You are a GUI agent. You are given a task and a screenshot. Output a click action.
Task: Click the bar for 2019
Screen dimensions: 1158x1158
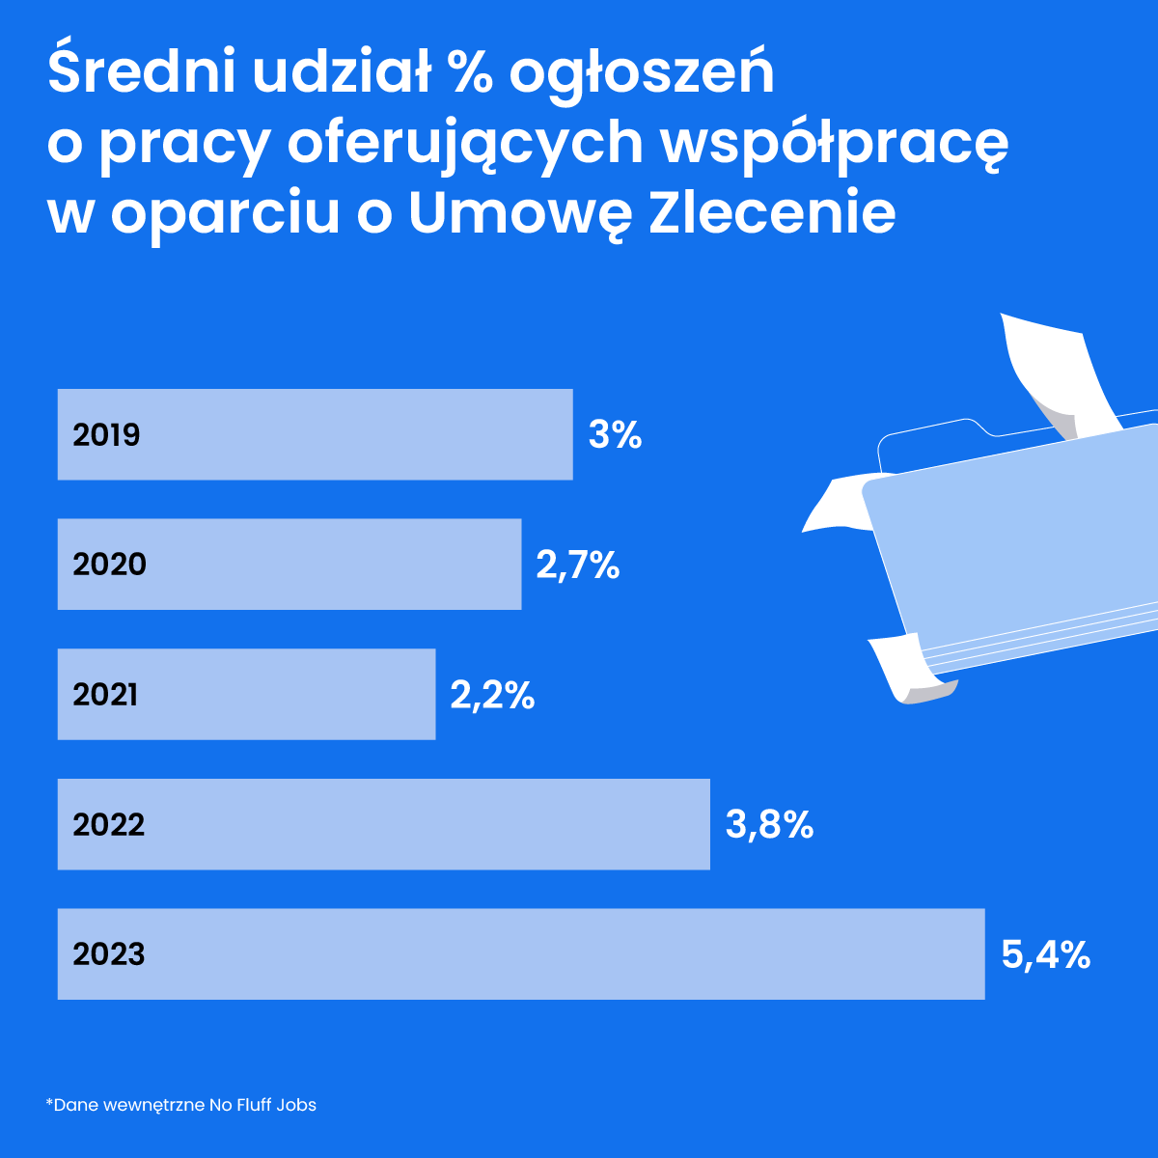click(x=315, y=434)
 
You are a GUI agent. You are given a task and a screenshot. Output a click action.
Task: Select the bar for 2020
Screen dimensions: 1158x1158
click(x=289, y=565)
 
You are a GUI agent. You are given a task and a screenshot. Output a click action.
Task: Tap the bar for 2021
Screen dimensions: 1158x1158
click(x=246, y=695)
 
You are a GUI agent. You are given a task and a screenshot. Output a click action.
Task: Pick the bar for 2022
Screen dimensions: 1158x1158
click(x=383, y=824)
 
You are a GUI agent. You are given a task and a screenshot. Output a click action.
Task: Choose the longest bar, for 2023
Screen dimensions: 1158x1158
click(x=521, y=953)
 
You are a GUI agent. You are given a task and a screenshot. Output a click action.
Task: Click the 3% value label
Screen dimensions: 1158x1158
click(x=615, y=435)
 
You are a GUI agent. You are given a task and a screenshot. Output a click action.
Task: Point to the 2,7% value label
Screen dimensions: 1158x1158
click(x=577, y=565)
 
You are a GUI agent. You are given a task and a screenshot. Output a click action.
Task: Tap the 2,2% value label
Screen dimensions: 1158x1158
click(x=492, y=695)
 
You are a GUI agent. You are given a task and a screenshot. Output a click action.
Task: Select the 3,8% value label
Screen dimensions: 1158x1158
click(x=769, y=825)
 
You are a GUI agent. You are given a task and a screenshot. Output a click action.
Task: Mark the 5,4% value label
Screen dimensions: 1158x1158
click(x=1046, y=955)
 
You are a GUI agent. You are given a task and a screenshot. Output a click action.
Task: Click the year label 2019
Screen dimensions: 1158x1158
click(x=106, y=435)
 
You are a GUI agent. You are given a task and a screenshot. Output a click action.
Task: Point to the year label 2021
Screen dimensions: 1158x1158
click(x=105, y=695)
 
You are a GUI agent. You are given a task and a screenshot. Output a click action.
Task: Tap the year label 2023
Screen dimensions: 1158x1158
click(x=108, y=954)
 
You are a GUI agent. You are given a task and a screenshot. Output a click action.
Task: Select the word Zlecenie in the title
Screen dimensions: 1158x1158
click(x=772, y=214)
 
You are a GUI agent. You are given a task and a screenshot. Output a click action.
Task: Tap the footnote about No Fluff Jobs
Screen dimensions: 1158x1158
click(x=181, y=1104)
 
